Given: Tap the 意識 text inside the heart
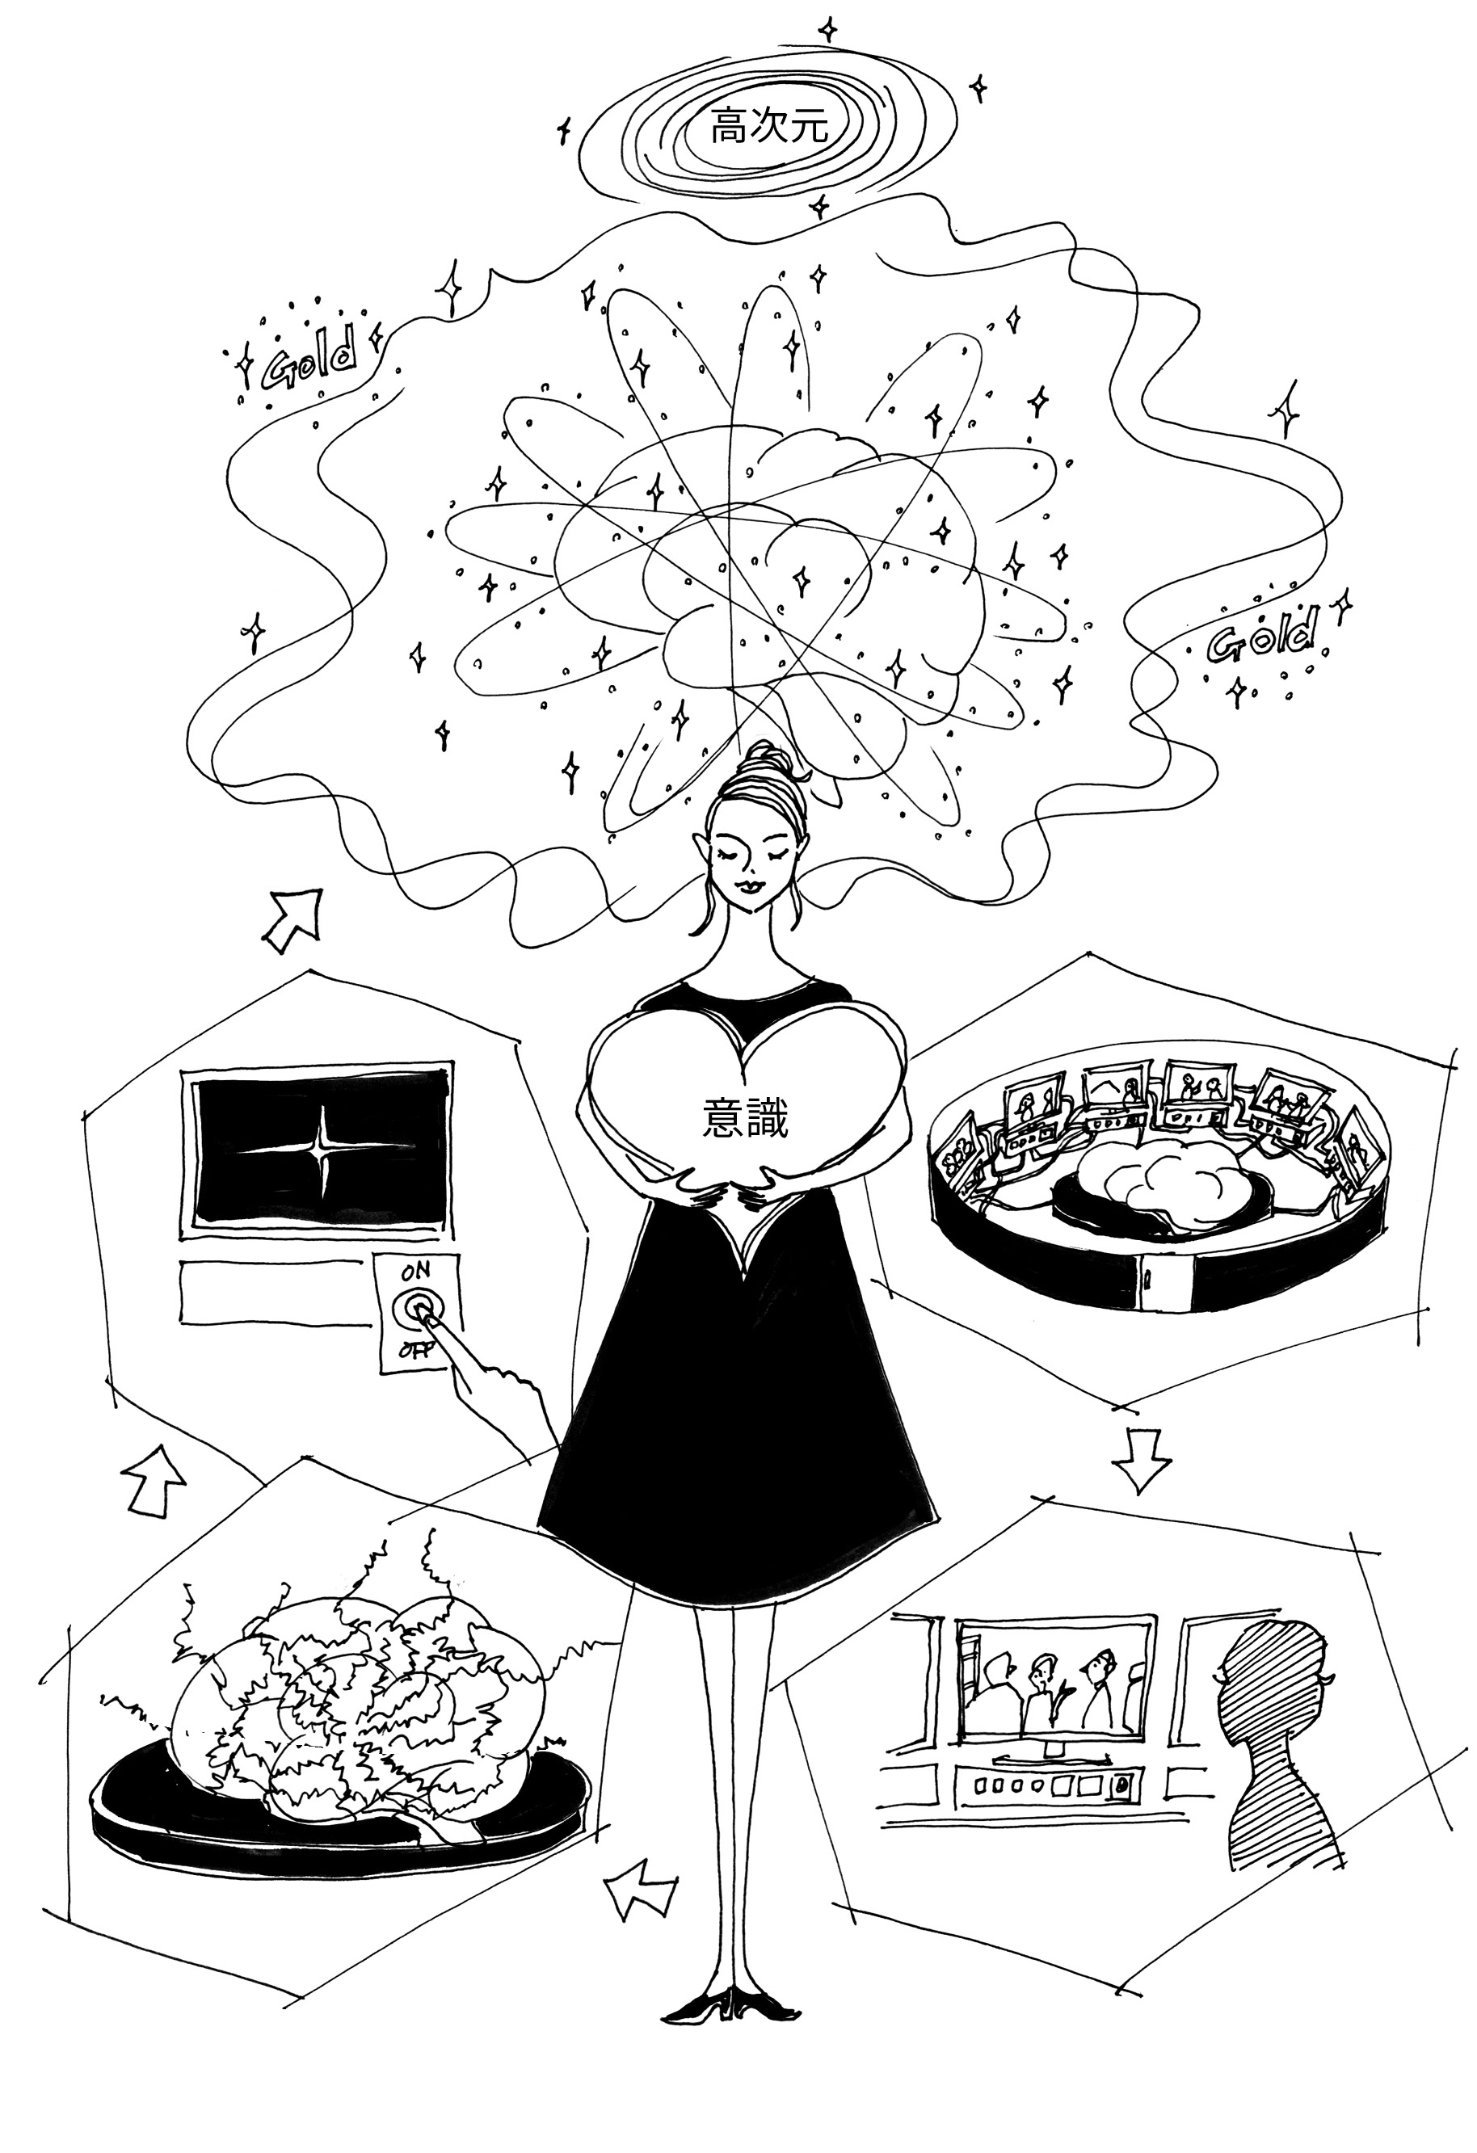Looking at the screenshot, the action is pyautogui.click(x=746, y=1118).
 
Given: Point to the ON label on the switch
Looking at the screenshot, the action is pyautogui.click(x=416, y=1272).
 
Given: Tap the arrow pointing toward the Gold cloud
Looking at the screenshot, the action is pyautogui.click(x=295, y=918).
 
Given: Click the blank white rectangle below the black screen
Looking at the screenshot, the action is pyautogui.click(x=274, y=1292).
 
